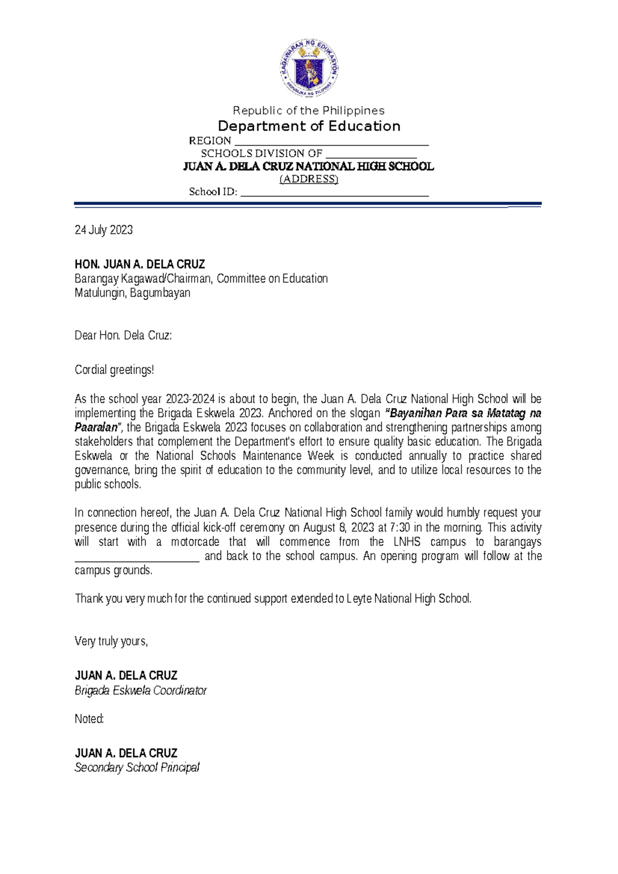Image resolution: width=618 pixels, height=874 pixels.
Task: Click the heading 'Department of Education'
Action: [x=309, y=126]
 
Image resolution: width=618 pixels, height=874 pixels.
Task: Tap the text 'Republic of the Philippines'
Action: [x=308, y=111]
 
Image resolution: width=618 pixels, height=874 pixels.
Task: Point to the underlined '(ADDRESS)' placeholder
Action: [x=308, y=179]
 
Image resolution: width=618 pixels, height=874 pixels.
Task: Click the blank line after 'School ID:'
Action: [x=335, y=194]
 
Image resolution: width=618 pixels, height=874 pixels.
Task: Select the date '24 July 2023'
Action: [x=104, y=230]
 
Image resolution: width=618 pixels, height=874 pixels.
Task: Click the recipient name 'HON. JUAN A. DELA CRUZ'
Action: [x=140, y=264]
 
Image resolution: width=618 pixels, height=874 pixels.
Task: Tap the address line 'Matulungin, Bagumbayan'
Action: [x=132, y=293]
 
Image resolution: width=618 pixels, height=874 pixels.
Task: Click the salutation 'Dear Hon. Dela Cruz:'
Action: [x=123, y=335]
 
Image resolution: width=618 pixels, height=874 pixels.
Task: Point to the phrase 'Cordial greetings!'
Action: [x=114, y=369]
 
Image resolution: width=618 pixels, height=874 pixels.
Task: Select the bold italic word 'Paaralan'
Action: [x=96, y=428]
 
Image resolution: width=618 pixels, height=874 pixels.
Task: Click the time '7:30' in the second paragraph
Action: [x=400, y=528]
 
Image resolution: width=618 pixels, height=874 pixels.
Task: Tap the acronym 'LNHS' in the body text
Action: [x=407, y=542]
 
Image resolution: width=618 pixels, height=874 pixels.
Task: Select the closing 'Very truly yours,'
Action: [x=111, y=641]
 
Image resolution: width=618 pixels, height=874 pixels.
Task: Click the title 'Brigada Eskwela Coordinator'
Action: [x=141, y=691]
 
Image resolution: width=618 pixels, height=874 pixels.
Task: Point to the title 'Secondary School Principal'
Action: [x=137, y=767]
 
